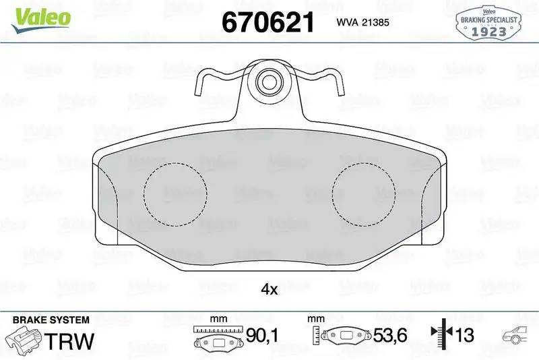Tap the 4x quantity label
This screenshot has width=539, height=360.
pos(269,290)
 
